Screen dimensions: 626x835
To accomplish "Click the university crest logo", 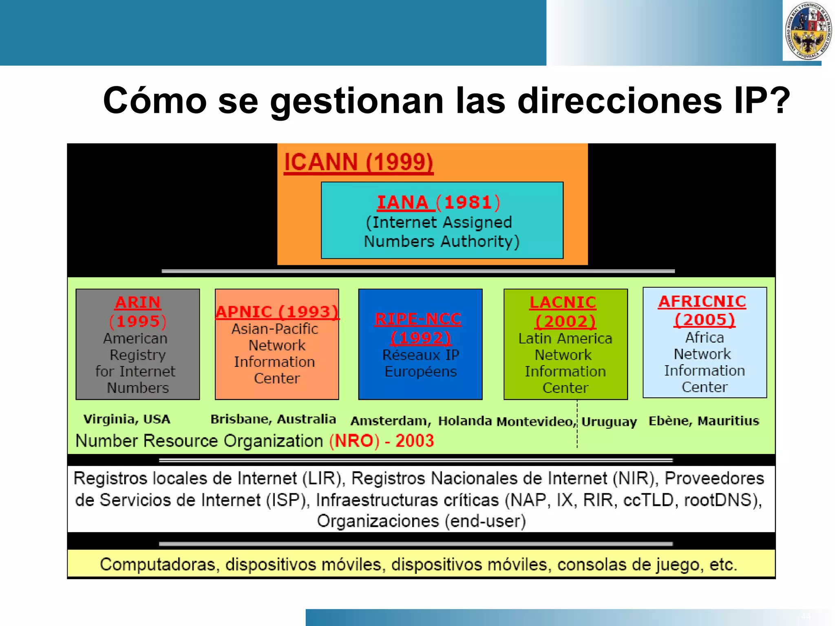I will (x=808, y=31).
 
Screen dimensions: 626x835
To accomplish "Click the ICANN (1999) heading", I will (x=358, y=162).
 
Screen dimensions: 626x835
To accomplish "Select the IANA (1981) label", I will (x=438, y=203).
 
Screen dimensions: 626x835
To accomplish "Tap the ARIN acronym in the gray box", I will (x=138, y=302).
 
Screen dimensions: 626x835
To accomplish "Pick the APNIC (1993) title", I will (x=277, y=312).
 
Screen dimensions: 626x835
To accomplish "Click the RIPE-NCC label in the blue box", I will (x=418, y=319).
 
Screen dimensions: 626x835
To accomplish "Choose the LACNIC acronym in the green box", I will (x=563, y=302).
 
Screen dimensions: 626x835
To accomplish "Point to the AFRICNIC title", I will (x=702, y=302).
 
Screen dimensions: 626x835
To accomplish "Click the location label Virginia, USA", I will (x=127, y=419).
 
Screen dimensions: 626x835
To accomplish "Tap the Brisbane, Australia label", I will (x=273, y=419).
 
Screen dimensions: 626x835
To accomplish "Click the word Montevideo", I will (x=535, y=421).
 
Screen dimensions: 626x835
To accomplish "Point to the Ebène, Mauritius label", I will (x=704, y=421).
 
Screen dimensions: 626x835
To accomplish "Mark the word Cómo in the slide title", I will (x=155, y=101).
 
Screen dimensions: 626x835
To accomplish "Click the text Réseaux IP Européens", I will (x=420, y=363).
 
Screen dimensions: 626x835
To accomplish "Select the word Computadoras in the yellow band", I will (x=157, y=564).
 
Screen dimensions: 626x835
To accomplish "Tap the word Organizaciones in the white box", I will (x=378, y=521).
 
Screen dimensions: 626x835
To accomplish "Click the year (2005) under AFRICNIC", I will (x=704, y=320).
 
